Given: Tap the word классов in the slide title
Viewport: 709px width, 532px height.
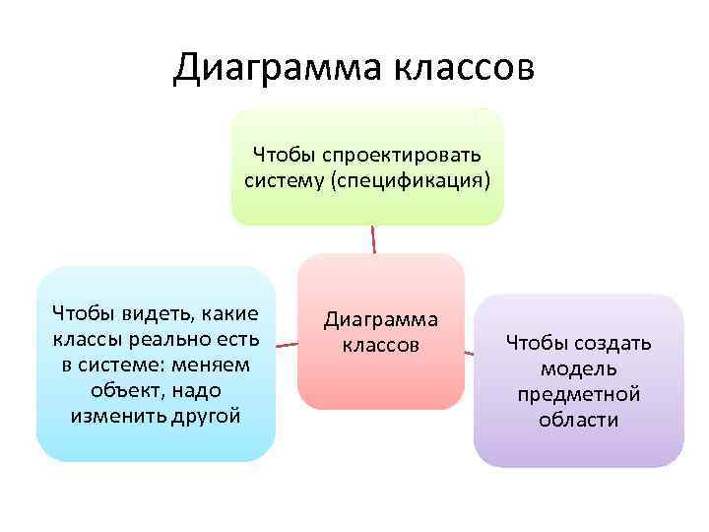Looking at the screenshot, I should pyautogui.click(x=466, y=69).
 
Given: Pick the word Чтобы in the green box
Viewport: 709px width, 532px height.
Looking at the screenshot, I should pyautogui.click(x=282, y=154).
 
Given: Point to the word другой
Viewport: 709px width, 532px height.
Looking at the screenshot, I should pyautogui.click(x=206, y=415).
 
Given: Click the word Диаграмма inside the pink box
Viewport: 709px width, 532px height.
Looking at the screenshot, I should pyautogui.click(x=381, y=320).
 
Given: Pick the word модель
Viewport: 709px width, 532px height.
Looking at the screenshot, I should pyautogui.click(x=579, y=368).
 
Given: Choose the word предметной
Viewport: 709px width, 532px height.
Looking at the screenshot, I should pyautogui.click(x=579, y=394).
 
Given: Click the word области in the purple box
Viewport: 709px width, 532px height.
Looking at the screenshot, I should pyautogui.click(x=579, y=420).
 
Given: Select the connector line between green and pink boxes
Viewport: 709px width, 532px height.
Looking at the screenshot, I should pyautogui.click(x=373, y=239).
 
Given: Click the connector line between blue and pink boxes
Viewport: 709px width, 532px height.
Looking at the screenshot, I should pyautogui.click(x=287, y=346).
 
